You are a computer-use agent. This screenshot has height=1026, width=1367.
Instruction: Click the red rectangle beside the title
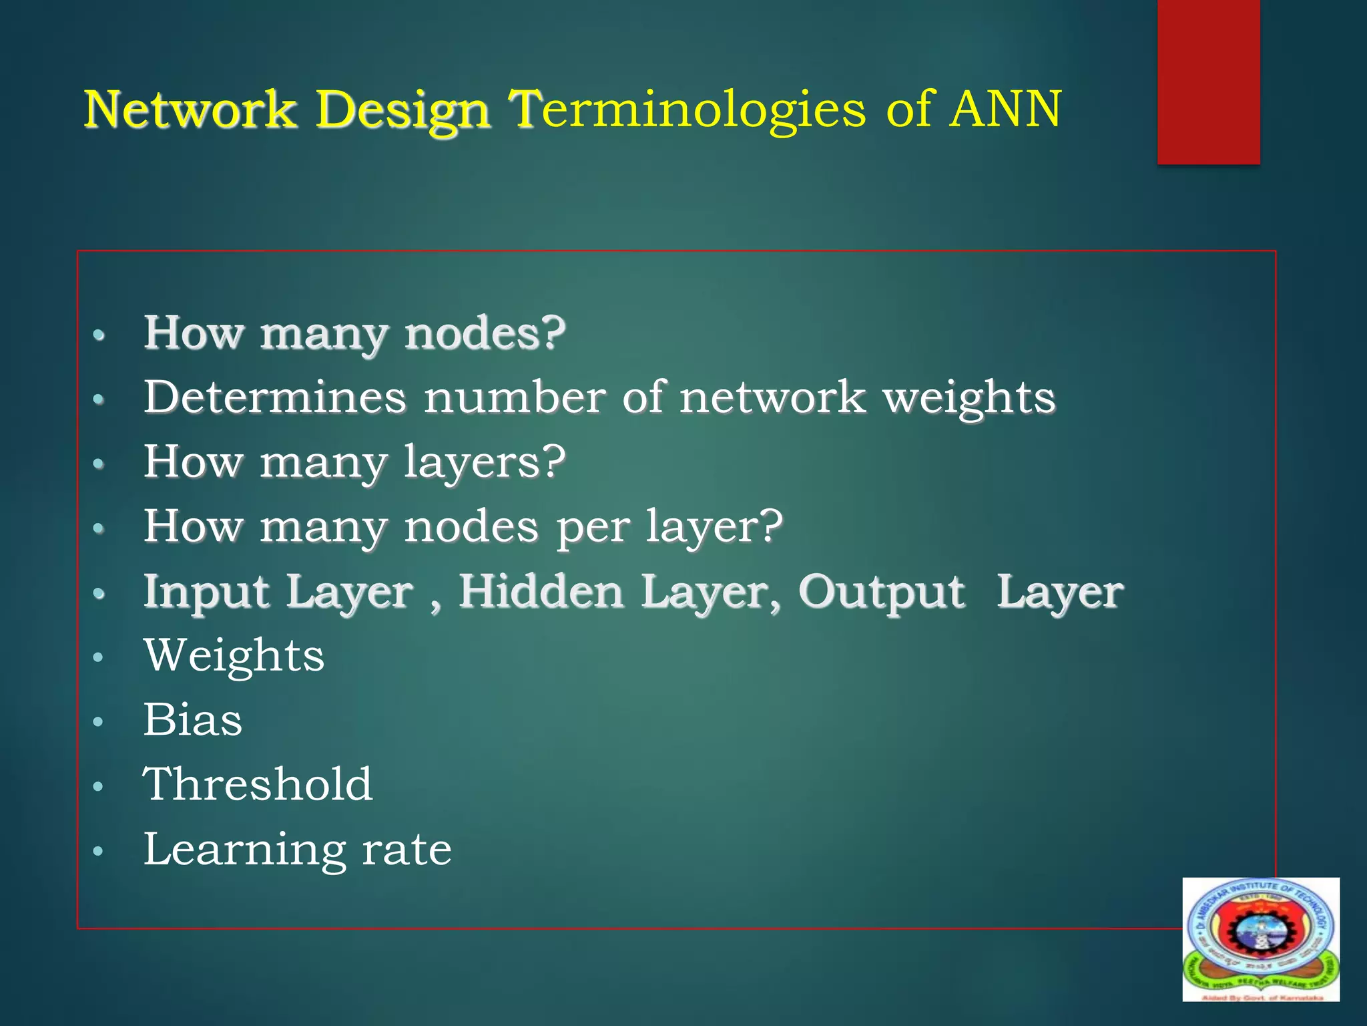point(1208,81)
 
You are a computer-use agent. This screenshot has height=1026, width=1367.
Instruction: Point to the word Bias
point(193,720)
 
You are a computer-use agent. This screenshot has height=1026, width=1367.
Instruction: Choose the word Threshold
point(258,784)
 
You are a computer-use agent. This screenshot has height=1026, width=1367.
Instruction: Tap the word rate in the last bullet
point(406,850)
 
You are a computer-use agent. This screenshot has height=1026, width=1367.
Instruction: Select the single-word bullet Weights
point(234,655)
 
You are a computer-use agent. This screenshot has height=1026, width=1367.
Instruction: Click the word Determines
point(275,397)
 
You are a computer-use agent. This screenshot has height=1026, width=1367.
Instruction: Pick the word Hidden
point(541,592)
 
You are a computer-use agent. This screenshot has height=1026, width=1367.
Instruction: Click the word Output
point(882,593)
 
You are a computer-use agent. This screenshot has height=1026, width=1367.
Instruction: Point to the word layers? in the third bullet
point(485,463)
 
